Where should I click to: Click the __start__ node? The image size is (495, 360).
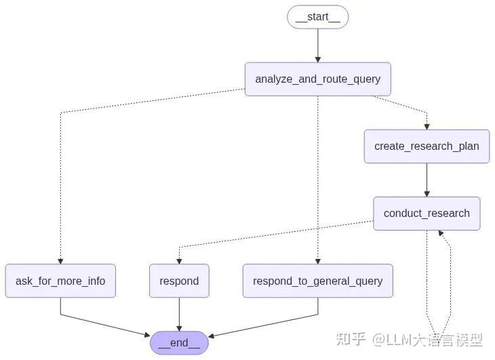(x=317, y=18)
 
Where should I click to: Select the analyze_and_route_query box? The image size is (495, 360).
(x=317, y=79)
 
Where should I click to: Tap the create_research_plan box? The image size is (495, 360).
(x=427, y=146)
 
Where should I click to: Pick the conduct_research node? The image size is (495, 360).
(x=427, y=214)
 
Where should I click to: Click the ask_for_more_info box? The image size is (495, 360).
(x=60, y=281)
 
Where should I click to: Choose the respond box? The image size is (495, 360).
(x=179, y=281)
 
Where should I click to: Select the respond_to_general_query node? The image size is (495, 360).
(x=317, y=281)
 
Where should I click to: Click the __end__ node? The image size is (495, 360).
(x=179, y=343)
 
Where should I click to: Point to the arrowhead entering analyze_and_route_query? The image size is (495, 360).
(x=317, y=59)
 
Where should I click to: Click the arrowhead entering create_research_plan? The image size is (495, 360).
(x=427, y=125)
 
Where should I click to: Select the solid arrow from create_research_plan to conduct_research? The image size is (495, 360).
(x=427, y=180)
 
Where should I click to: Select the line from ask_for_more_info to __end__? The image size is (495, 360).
(x=102, y=324)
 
